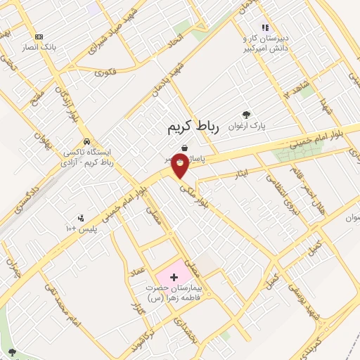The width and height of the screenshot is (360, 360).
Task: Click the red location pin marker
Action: (x=181, y=165)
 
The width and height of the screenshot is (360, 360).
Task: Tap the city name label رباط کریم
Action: (x=193, y=127)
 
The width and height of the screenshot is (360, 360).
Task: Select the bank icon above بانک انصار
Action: (x=39, y=37)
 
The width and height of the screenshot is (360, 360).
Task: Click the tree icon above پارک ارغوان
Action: (x=245, y=114)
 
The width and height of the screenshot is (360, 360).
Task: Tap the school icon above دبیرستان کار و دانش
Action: (x=265, y=27)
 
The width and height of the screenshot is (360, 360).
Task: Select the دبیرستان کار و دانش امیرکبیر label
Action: (x=266, y=43)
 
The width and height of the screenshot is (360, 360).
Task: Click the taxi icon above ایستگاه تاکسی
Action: (x=86, y=139)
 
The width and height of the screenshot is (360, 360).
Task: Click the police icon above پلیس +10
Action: (x=81, y=217)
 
